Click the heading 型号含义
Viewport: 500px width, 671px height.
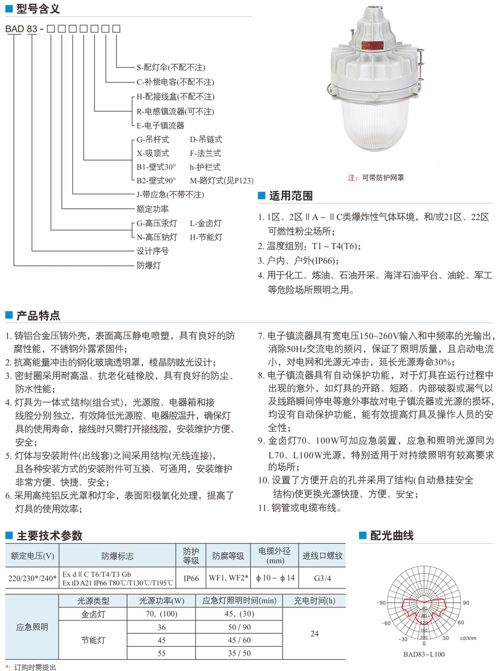tap(38, 9)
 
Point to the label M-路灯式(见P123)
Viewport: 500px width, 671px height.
tap(221, 181)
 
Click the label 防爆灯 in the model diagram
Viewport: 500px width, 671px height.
tap(148, 265)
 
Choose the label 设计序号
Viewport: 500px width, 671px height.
tap(152, 251)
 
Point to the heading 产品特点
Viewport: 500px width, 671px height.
tap(38, 315)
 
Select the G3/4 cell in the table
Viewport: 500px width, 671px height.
tap(322, 577)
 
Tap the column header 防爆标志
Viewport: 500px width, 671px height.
tap(117, 556)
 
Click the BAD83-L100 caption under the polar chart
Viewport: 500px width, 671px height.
tap(424, 654)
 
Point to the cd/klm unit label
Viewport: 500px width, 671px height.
tap(468, 638)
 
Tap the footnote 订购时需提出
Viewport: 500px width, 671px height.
tap(34, 667)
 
